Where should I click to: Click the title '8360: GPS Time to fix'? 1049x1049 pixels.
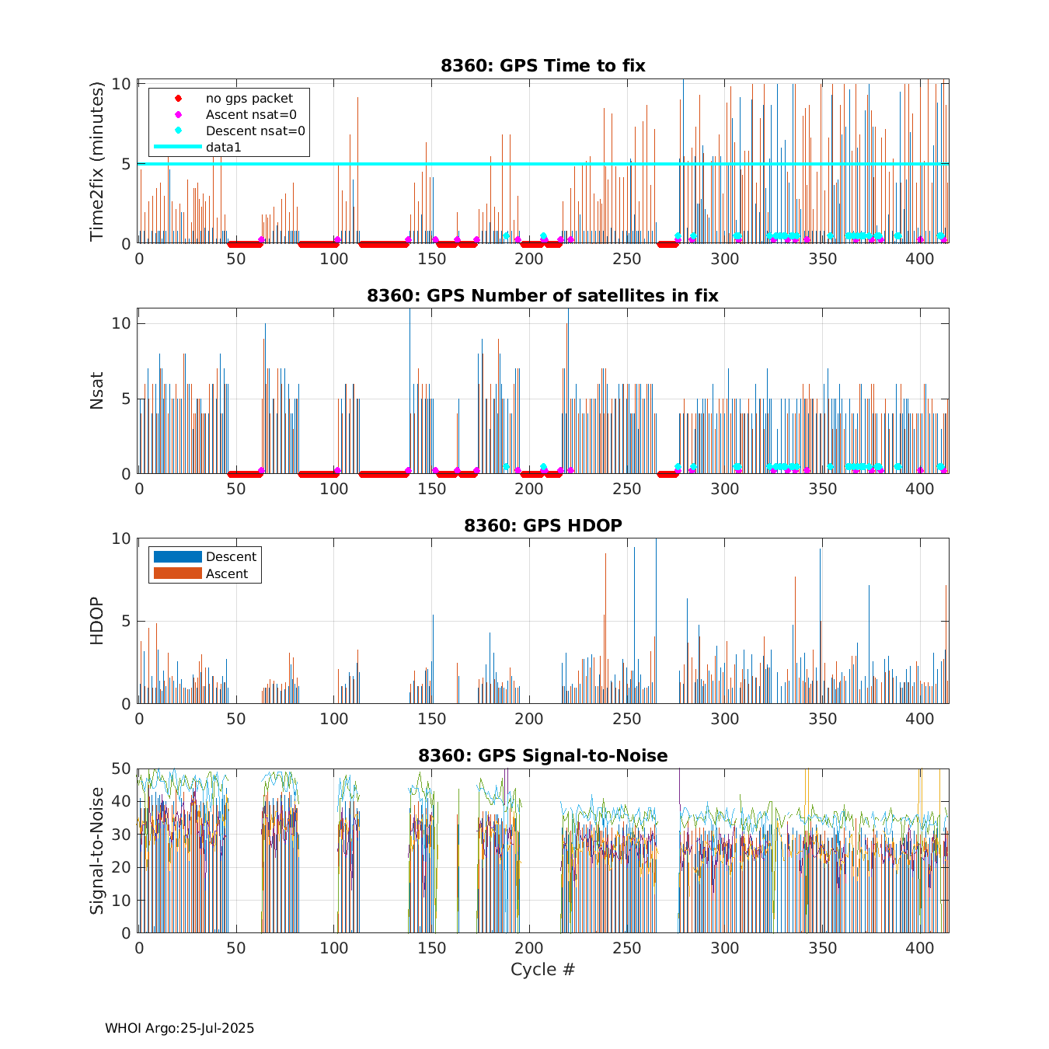tap(542, 65)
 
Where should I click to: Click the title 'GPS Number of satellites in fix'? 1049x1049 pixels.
tap(542, 295)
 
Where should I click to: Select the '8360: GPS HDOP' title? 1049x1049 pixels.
tap(542, 525)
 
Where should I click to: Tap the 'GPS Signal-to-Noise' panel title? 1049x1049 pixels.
tap(542, 755)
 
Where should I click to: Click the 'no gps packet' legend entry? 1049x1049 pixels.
tap(249, 99)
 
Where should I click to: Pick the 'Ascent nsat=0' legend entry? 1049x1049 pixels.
tap(250, 115)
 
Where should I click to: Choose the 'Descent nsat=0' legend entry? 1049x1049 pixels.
tap(255, 131)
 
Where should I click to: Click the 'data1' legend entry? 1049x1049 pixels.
tap(224, 147)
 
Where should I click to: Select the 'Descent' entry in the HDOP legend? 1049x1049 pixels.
tap(231, 556)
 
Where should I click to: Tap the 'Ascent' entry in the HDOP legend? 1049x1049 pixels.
tap(226, 573)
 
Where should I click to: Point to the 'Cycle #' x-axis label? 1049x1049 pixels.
tap(542, 969)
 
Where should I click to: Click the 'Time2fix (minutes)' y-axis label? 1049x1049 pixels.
tap(97, 162)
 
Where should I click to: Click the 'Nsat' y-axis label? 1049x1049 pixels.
tap(97, 391)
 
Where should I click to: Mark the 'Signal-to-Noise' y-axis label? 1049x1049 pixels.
tap(97, 850)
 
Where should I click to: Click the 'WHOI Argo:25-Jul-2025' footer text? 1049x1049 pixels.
tap(179, 1028)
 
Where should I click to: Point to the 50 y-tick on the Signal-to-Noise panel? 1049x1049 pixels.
tap(121, 768)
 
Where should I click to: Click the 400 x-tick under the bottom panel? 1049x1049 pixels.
tap(920, 948)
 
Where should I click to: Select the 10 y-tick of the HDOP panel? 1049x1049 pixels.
tap(121, 538)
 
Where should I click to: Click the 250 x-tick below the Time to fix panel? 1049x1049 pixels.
tap(627, 259)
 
